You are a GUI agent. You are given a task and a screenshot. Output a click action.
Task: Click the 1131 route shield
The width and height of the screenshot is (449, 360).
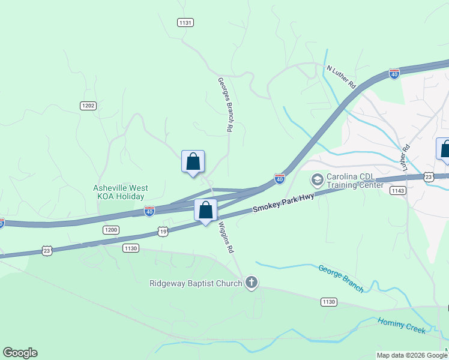(185, 22)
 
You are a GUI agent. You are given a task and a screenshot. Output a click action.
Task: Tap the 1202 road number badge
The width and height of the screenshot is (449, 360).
(88, 106)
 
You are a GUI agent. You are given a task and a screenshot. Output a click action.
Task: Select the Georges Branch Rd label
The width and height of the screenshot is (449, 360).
(224, 104)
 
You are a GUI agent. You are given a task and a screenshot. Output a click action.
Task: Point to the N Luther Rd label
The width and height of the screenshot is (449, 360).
(341, 77)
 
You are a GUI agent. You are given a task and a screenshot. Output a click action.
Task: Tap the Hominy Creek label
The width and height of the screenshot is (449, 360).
(402, 326)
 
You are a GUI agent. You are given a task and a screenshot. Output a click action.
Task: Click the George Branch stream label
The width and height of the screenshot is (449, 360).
(341, 279)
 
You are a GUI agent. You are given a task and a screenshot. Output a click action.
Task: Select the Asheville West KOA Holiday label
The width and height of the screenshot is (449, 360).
(120, 192)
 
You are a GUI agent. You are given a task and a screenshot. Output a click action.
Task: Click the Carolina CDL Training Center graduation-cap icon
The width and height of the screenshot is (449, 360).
(316, 179)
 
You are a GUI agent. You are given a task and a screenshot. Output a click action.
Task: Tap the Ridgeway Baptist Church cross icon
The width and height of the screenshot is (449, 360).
(251, 282)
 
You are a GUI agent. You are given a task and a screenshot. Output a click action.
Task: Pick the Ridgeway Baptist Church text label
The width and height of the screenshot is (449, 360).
(195, 283)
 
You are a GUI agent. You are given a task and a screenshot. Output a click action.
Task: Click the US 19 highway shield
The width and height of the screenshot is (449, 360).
(163, 231)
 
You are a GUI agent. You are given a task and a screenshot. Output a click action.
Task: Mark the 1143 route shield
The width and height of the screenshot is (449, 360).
(397, 190)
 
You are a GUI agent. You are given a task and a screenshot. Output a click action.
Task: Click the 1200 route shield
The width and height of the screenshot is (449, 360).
(110, 230)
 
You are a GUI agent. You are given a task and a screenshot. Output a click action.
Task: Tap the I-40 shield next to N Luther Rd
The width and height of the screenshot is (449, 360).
(394, 74)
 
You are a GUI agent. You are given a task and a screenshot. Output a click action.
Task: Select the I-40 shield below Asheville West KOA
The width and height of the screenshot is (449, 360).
(149, 211)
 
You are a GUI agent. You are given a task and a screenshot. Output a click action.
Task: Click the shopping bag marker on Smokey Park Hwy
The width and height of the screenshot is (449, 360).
(205, 211)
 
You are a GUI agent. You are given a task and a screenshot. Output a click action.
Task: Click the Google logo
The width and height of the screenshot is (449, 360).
(20, 353)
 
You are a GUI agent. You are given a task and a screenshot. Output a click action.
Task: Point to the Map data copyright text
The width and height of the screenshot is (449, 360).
(412, 355)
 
